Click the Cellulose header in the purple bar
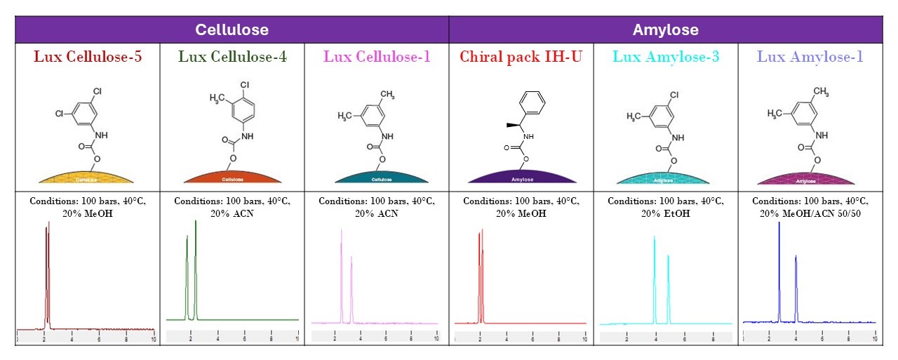[232, 30]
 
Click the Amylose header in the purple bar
[665, 30]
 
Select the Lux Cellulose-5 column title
[88, 56]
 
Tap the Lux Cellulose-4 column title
[232, 56]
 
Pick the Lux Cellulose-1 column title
[377, 56]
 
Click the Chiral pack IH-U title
[521, 56]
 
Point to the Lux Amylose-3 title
[666, 56]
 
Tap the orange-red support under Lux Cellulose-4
[232, 178]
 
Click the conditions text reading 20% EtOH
[666, 213]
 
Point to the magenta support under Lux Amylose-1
[805, 178]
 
